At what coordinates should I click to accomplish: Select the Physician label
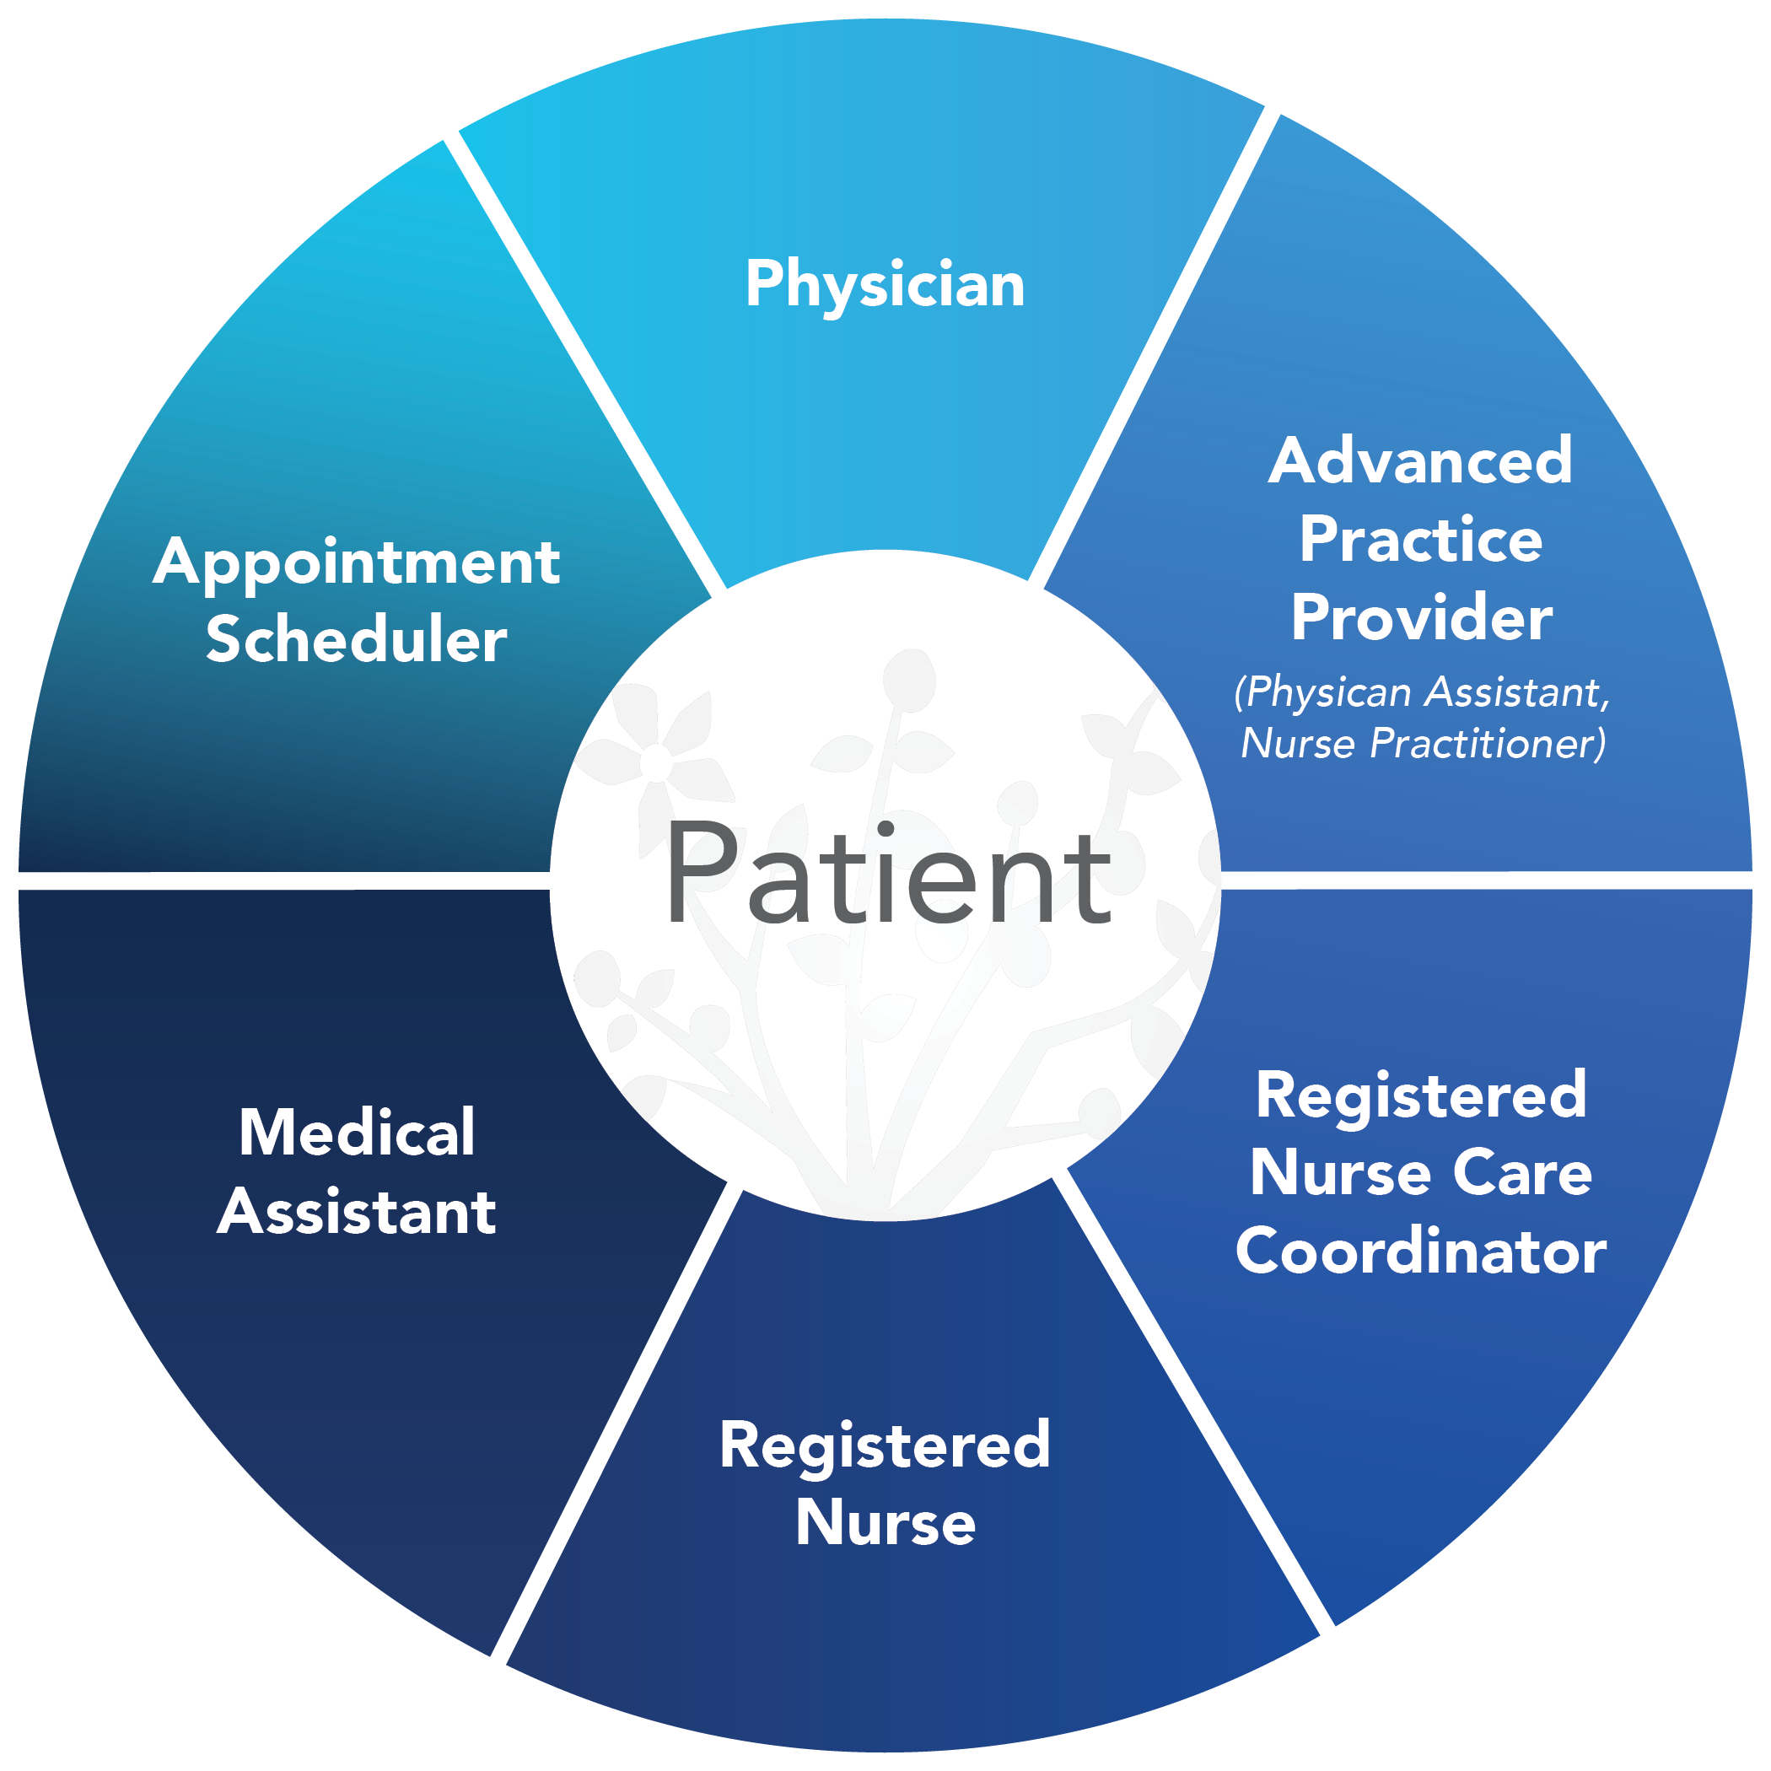tap(885, 284)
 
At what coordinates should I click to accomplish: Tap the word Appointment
tap(356, 563)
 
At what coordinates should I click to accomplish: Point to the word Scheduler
tap(356, 640)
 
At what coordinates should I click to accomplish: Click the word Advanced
tap(1420, 461)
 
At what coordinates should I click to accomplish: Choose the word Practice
tap(1420, 540)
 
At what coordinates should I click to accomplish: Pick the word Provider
tap(1421, 618)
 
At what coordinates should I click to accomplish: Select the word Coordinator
tap(1420, 1252)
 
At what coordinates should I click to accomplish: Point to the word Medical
tap(357, 1133)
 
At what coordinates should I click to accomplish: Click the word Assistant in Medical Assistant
tap(357, 1212)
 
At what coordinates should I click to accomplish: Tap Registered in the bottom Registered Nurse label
tap(885, 1445)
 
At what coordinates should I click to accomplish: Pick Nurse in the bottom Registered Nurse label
tap(885, 1524)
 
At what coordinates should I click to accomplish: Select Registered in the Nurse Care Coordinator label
tap(1420, 1095)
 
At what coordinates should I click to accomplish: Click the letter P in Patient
tap(702, 873)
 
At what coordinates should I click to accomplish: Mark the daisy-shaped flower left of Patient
tap(656, 762)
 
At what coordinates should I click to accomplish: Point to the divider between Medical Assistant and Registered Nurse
tap(610, 1421)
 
